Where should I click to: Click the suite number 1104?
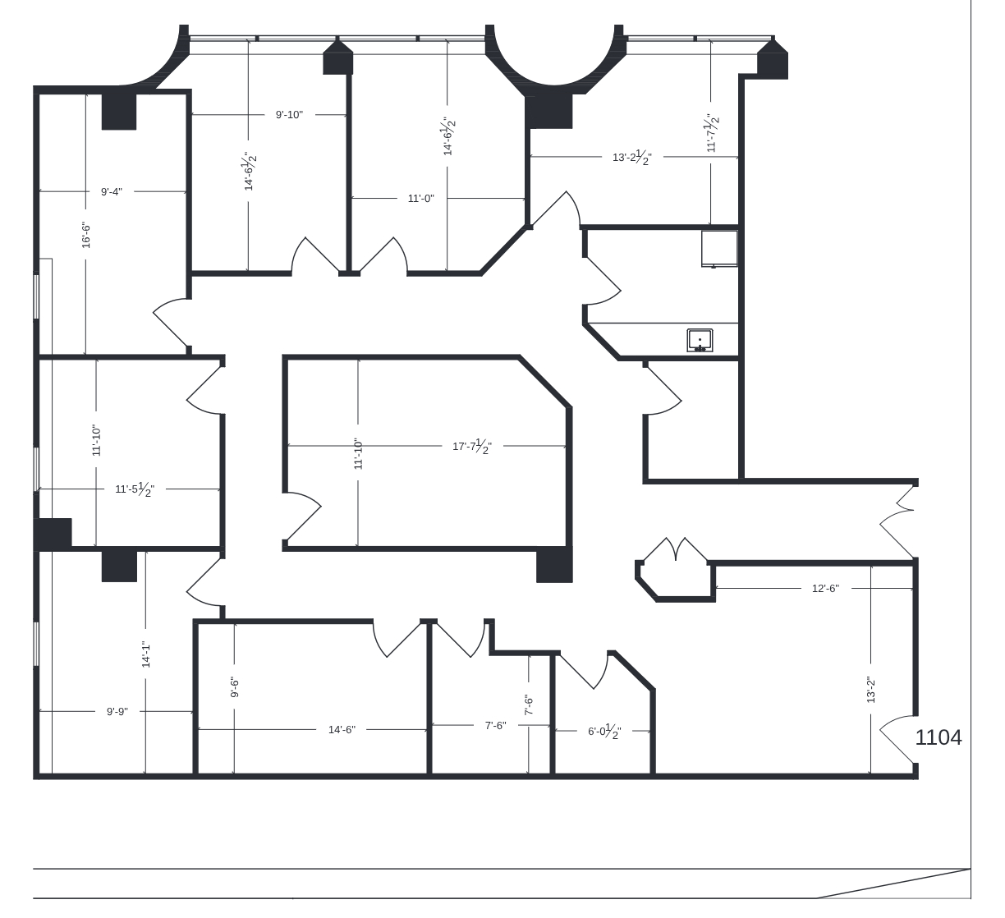pyautogui.click(x=938, y=737)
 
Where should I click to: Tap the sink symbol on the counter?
pyautogui.click(x=700, y=340)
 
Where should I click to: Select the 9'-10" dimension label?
pyautogui.click(x=289, y=115)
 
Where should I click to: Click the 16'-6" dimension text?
pyautogui.click(x=85, y=236)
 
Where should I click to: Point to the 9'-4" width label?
pyautogui.click(x=111, y=191)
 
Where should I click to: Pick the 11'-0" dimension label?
pyautogui.click(x=421, y=199)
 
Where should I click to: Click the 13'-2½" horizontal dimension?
pyautogui.click(x=631, y=158)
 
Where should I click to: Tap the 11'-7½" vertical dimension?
pyautogui.click(x=711, y=133)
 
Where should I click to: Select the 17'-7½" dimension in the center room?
pyautogui.click(x=472, y=446)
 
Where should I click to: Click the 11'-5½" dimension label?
pyautogui.click(x=135, y=489)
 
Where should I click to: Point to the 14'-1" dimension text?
pyautogui.click(x=146, y=654)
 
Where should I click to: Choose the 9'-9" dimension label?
pyautogui.click(x=117, y=712)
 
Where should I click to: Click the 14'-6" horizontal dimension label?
pyautogui.click(x=342, y=730)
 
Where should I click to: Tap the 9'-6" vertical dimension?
pyautogui.click(x=235, y=687)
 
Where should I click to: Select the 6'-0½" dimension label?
pyautogui.click(x=604, y=731)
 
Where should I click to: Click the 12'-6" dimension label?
pyautogui.click(x=825, y=588)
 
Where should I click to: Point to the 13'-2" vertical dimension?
pyautogui.click(x=870, y=690)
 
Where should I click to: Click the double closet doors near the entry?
pyautogui.click(x=676, y=550)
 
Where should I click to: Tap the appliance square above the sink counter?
pyautogui.click(x=719, y=249)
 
